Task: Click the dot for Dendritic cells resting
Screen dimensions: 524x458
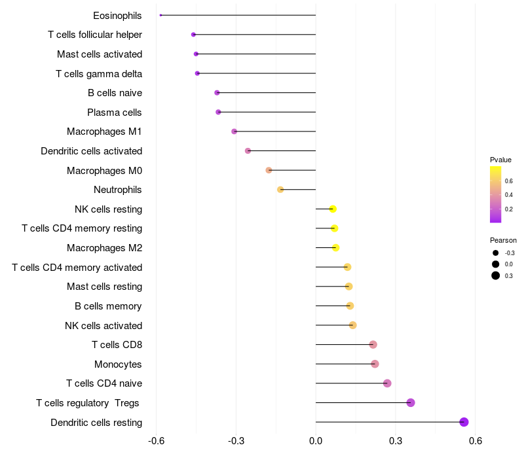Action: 464,422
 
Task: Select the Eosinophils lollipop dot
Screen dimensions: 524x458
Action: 160,15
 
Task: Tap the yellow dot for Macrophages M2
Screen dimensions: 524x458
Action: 336,248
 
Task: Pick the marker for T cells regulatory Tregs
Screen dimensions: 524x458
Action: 411,402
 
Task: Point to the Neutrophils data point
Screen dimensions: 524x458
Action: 280,190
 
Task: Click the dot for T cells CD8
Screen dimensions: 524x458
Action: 373,345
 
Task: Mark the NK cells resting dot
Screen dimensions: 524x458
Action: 333,209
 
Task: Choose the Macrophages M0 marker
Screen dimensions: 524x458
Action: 269,170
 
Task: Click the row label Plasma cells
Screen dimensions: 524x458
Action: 114,113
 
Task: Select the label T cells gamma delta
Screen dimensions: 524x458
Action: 99,74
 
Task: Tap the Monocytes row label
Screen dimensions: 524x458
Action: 118,364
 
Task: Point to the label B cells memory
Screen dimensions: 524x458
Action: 108,306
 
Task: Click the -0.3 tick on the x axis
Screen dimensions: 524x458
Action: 236,441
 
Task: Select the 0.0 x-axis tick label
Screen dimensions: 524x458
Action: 316,441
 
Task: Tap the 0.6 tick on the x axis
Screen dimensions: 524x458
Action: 476,441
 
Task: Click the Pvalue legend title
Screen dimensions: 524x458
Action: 500,160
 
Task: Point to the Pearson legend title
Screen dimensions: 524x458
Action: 503,240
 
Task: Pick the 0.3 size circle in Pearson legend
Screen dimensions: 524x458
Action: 496,275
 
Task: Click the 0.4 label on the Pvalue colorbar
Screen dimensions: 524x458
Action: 509,195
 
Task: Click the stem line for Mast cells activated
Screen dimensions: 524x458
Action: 256,54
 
